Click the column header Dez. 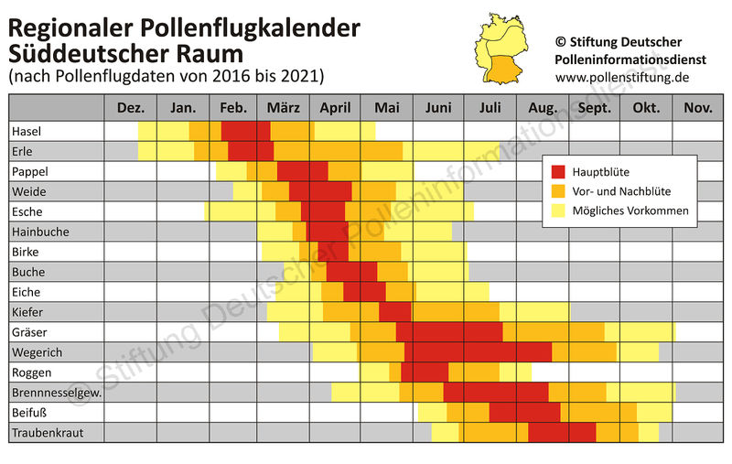[x=131, y=108]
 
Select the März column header [x=283, y=108]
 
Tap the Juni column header [x=438, y=108]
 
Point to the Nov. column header [x=697, y=108]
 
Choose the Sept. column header [x=595, y=108]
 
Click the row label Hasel [x=27, y=132]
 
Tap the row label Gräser [x=29, y=332]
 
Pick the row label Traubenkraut [x=46, y=432]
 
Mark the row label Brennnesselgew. [x=56, y=392]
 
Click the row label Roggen [x=32, y=372]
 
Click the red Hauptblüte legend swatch [x=561, y=171]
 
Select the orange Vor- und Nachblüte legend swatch [x=561, y=191]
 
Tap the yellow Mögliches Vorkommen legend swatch [x=561, y=211]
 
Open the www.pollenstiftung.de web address [x=621, y=77]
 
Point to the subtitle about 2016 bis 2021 [x=166, y=74]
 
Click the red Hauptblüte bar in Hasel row [x=246, y=132]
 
